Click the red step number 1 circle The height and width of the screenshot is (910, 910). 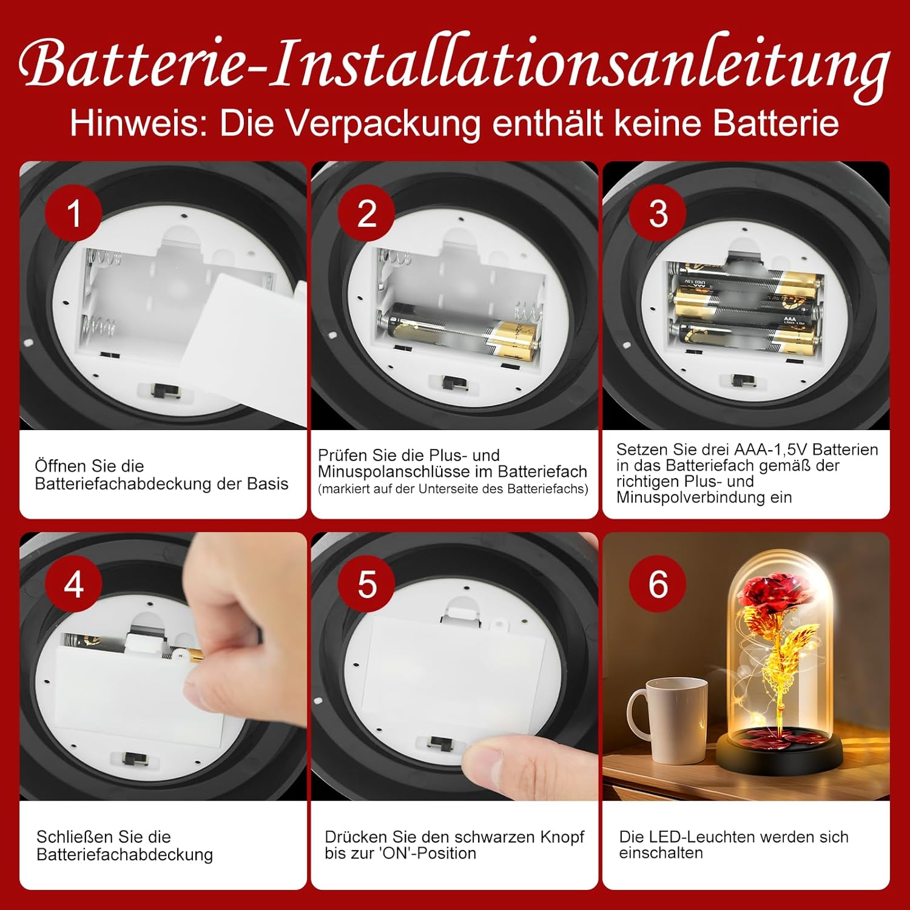click(73, 213)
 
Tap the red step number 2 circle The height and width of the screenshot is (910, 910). click(366, 213)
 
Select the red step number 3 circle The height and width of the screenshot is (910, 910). click(658, 213)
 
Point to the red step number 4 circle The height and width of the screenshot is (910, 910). click(73, 584)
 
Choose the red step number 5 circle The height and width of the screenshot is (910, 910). click(366, 584)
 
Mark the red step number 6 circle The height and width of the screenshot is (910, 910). click(658, 584)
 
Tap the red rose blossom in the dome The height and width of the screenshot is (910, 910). click(770, 596)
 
